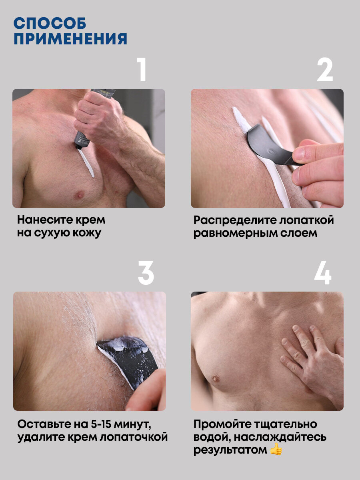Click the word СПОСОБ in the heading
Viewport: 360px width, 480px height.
pos(50,23)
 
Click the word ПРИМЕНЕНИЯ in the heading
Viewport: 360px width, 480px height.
pos(70,39)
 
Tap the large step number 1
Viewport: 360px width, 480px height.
pos(142,70)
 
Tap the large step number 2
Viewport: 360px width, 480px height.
pos(325,70)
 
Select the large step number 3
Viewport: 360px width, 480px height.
pos(146,273)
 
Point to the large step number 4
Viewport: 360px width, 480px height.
pos(323,273)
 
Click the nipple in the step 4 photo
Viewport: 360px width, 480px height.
pos(216,378)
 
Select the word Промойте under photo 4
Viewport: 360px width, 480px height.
pos(222,425)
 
